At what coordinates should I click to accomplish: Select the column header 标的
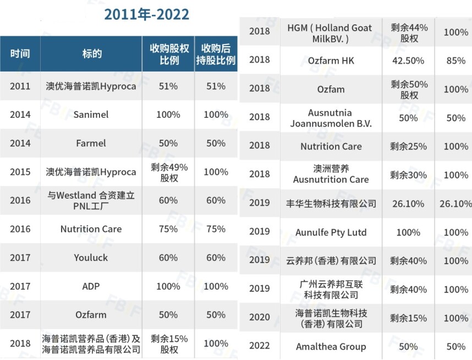[x=91, y=54]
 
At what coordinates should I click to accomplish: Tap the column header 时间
[x=20, y=54]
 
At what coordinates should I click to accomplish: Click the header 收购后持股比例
[x=216, y=54]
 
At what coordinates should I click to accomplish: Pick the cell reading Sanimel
[x=91, y=114]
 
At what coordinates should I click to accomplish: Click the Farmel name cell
[x=91, y=143]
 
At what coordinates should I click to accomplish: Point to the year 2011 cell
[x=20, y=86]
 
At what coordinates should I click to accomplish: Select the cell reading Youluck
[x=91, y=258]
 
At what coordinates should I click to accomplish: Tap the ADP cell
[x=91, y=286]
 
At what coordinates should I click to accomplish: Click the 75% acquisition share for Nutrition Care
[x=168, y=229]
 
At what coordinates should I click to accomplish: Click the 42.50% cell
[x=408, y=61]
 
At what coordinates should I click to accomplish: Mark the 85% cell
[x=455, y=61]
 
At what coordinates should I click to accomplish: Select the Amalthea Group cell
[x=331, y=347]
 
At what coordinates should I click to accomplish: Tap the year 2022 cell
[x=260, y=347]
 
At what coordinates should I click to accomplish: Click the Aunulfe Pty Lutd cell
[x=331, y=232]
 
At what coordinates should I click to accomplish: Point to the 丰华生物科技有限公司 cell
[x=331, y=204]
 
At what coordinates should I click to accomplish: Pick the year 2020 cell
[x=260, y=318]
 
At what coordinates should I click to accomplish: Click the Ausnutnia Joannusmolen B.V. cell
[x=331, y=118]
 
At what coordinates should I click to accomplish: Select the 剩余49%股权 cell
[x=169, y=172]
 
